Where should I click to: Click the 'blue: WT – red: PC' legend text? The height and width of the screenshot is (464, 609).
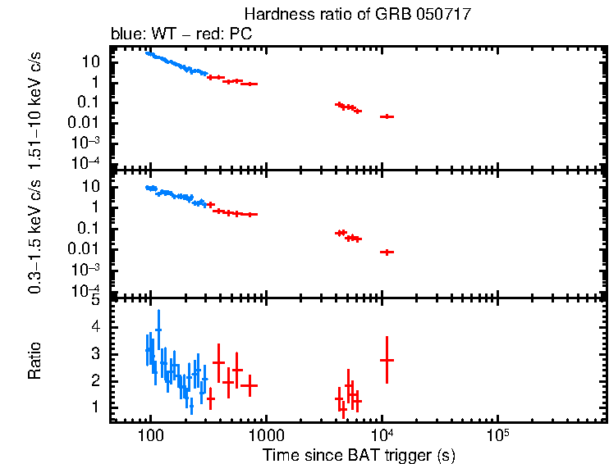(181, 34)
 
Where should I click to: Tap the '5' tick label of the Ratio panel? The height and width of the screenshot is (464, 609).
(95, 300)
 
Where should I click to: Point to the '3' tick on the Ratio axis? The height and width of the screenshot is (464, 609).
(95, 353)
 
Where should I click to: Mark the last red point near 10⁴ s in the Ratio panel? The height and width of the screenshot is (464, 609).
(387, 360)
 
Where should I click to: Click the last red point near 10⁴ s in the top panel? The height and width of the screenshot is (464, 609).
(387, 116)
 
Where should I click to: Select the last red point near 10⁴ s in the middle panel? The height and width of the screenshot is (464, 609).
(387, 252)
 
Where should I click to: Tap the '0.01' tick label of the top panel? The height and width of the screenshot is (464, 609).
(88, 123)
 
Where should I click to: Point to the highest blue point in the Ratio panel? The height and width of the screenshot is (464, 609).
(158, 329)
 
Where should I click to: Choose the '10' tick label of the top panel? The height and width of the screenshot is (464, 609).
(92, 61)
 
